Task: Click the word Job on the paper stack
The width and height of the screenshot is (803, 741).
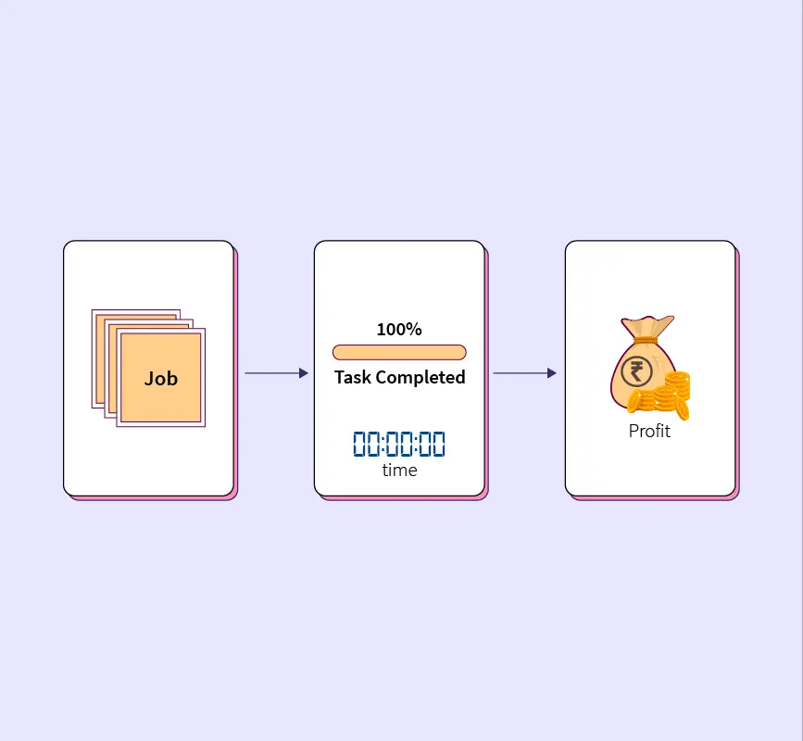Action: tap(160, 378)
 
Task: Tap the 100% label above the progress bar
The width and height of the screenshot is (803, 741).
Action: tap(399, 329)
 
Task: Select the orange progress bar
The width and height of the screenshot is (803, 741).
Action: tap(399, 352)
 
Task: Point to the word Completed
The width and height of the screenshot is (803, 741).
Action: tap(420, 377)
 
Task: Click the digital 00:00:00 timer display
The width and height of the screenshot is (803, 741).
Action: tap(399, 444)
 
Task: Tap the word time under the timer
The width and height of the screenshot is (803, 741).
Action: tap(399, 471)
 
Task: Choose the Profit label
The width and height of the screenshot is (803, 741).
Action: tap(649, 431)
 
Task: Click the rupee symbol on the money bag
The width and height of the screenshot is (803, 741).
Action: tap(637, 372)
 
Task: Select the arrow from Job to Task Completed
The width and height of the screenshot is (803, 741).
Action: tap(275, 373)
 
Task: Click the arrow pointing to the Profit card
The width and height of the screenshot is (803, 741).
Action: tap(524, 373)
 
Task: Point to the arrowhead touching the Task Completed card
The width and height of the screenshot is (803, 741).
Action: tap(303, 373)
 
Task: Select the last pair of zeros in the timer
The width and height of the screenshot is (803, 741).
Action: tap(432, 444)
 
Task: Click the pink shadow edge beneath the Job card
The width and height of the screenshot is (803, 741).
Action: tap(153, 498)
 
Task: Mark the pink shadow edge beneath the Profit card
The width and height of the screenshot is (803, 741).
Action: tap(655, 498)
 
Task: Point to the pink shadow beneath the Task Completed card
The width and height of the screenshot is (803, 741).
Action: tap(404, 498)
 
